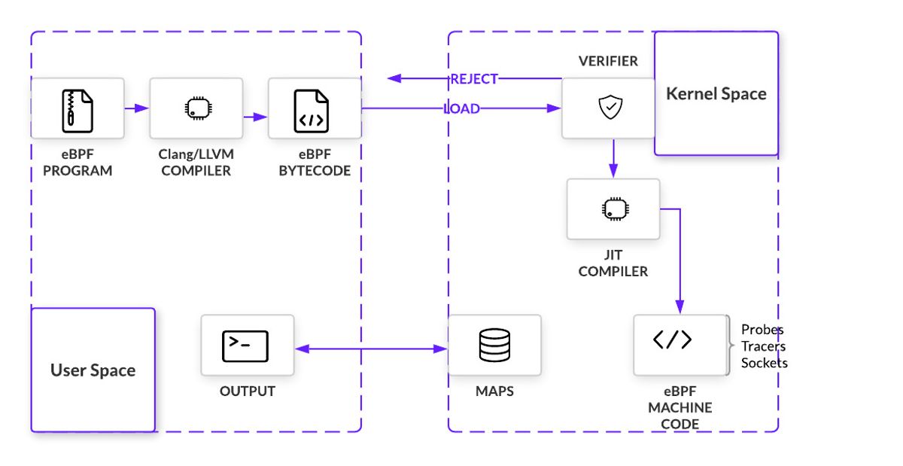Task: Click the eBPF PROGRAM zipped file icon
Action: click(x=78, y=110)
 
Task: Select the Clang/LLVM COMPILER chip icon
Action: click(x=196, y=108)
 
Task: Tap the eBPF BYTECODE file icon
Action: click(x=312, y=110)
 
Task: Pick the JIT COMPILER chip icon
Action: click(x=613, y=209)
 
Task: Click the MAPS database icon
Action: click(x=494, y=345)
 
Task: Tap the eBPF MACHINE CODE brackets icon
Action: click(x=673, y=340)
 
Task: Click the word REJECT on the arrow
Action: click(x=474, y=79)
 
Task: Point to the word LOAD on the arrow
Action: click(x=462, y=109)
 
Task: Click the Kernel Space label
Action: click(x=716, y=94)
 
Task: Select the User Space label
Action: click(x=93, y=370)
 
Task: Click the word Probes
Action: click(x=762, y=330)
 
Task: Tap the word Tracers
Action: click(x=763, y=346)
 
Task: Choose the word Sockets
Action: click(x=764, y=363)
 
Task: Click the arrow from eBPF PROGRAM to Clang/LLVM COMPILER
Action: click(x=136, y=108)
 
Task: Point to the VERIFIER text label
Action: click(x=608, y=60)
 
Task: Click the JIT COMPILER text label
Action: click(x=613, y=263)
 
